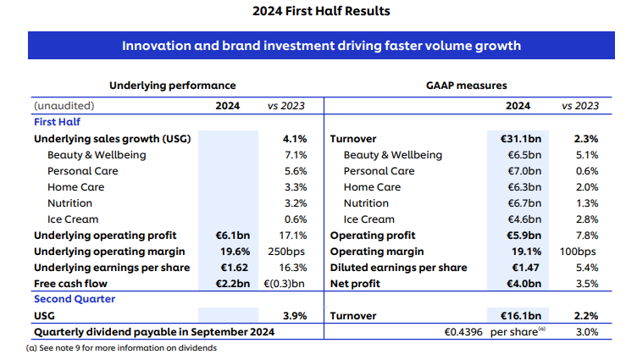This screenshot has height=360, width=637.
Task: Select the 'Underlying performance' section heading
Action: point(172,86)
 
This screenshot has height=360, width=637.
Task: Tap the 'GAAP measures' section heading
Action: point(466,86)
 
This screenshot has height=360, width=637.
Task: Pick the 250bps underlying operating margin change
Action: point(288,252)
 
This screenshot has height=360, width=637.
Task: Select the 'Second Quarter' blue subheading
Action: point(75,299)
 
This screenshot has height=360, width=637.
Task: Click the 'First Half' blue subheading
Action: point(57,122)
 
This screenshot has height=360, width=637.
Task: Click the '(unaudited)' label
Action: point(64,106)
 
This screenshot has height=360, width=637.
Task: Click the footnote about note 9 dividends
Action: point(110,347)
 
